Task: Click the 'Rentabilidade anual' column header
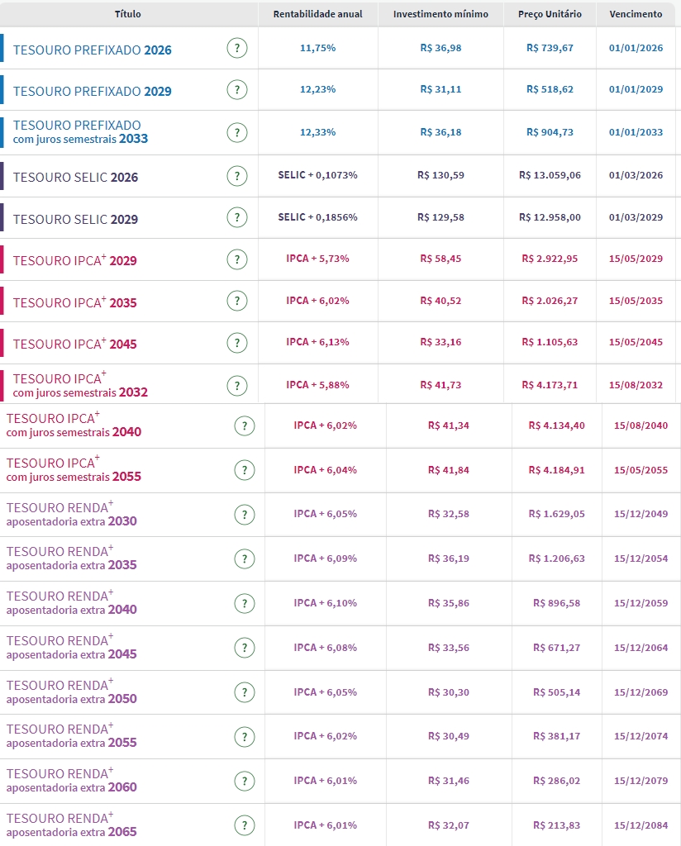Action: (x=317, y=14)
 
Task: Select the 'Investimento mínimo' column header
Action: (x=441, y=14)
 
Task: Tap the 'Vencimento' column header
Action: (x=636, y=14)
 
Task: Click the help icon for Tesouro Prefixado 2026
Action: (x=237, y=48)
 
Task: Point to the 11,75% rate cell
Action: (x=317, y=48)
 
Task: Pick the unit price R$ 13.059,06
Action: (x=550, y=175)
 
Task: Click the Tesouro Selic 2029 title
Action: (x=75, y=219)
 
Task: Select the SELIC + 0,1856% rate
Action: (x=317, y=216)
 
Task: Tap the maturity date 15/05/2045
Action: (x=636, y=342)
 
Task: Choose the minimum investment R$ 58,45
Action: (x=441, y=259)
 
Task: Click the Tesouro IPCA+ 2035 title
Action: (x=74, y=302)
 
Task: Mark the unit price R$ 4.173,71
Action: (x=550, y=385)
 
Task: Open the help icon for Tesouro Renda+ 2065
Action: (x=244, y=825)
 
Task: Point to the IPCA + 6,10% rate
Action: (x=325, y=603)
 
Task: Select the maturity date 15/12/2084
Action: (x=641, y=825)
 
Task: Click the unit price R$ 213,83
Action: (x=556, y=825)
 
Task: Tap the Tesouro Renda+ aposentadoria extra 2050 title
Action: (x=71, y=692)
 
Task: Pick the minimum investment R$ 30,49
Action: (x=448, y=736)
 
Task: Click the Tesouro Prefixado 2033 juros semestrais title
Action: (x=80, y=131)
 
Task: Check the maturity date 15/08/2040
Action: (x=641, y=425)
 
